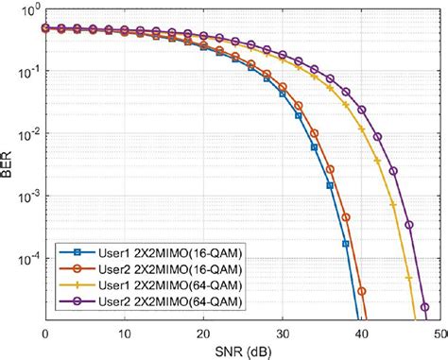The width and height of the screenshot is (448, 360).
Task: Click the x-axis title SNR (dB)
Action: point(243,351)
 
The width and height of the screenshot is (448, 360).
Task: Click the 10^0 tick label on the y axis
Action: point(28,11)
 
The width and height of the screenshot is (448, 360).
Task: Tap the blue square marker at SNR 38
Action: point(345,244)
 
